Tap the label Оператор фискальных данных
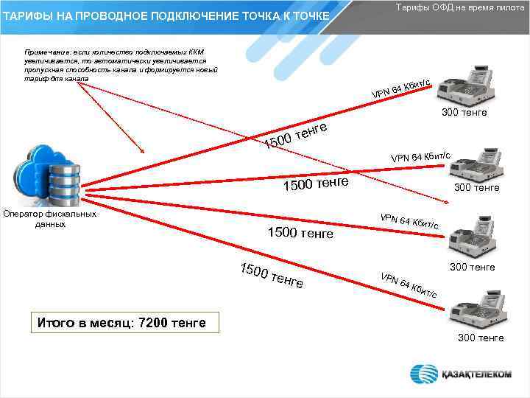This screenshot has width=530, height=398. click(x=50, y=219)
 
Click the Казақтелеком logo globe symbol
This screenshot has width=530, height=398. click(x=425, y=374)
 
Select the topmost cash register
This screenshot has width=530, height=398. click(x=464, y=85)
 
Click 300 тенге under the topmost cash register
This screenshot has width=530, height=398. click(x=464, y=113)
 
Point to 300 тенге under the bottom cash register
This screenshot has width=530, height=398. click(x=481, y=338)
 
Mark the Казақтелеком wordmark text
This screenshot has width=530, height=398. click(x=476, y=374)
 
